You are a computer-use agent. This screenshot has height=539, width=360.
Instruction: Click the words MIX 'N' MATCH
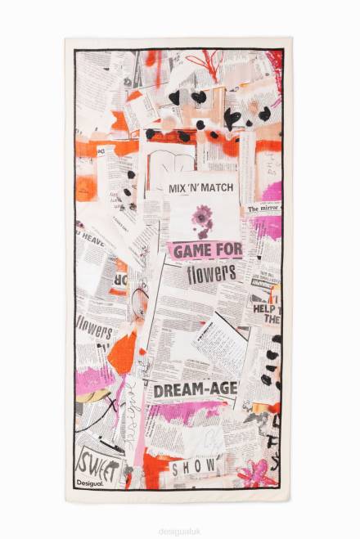coord(200,188)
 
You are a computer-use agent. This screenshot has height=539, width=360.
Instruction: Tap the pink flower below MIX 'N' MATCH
coord(202,218)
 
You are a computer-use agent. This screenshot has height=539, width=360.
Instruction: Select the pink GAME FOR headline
coord(205,250)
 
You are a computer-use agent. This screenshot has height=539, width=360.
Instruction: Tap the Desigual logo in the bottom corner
coord(90,483)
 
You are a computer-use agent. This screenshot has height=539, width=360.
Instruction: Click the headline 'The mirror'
coord(263,209)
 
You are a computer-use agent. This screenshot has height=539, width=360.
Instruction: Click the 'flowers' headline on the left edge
coord(94,330)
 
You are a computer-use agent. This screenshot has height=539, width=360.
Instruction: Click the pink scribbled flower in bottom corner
coord(255,472)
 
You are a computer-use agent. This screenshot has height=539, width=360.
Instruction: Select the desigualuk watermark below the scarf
coord(180,529)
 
